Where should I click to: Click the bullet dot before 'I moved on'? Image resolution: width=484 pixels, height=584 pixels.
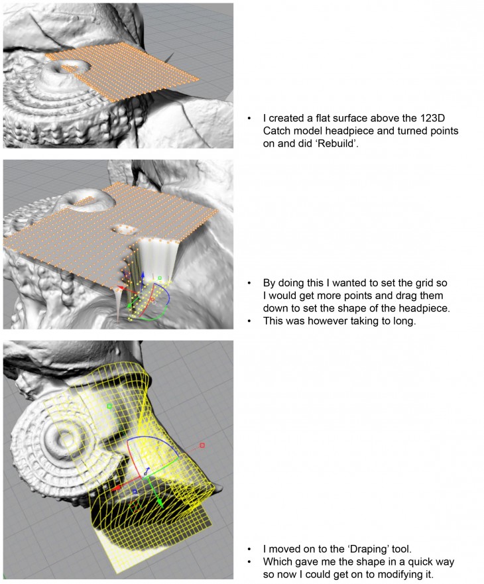coord(249,549)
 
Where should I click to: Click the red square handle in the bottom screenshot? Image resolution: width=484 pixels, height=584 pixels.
coord(202,445)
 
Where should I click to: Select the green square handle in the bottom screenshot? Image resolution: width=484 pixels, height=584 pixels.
coord(110,406)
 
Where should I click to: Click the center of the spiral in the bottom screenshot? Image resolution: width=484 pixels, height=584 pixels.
coord(64,438)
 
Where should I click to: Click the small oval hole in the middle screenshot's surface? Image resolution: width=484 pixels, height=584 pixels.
coord(123,228)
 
